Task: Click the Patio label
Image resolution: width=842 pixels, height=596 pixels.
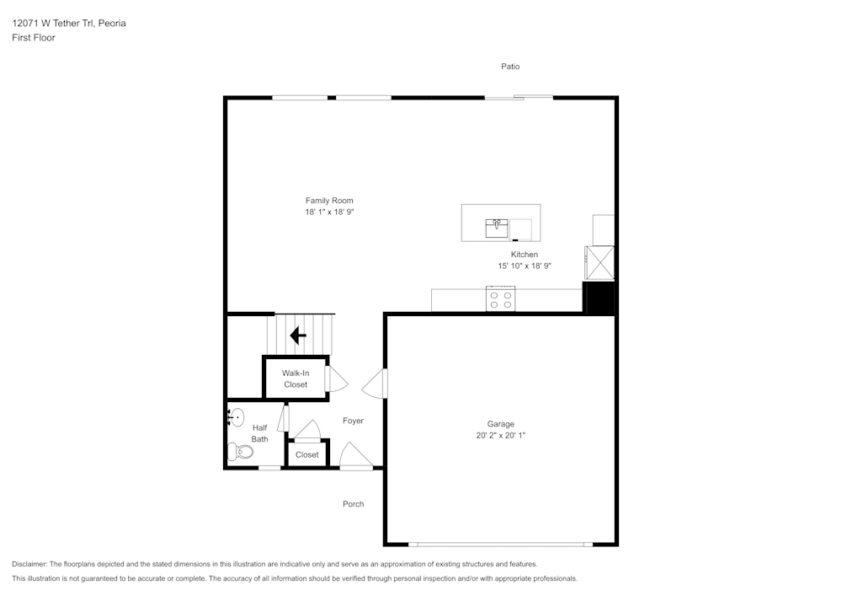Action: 510,66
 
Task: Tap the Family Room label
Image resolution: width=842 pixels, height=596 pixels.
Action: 329,201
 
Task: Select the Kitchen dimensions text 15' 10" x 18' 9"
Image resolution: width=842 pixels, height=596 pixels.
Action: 524,266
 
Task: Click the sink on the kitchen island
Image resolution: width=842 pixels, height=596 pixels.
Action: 497,227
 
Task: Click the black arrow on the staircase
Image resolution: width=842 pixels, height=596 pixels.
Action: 298,336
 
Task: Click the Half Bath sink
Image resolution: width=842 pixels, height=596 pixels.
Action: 236,416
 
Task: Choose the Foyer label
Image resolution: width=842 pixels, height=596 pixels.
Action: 353,421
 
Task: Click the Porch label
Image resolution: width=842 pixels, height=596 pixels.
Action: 353,504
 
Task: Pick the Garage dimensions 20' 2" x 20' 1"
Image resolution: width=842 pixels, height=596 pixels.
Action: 500,436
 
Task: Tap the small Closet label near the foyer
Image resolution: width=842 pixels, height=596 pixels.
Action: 307,454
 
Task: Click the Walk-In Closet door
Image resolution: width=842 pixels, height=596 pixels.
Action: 335,379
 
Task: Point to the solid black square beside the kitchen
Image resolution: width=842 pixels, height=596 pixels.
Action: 599,298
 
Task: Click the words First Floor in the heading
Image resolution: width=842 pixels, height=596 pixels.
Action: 34,38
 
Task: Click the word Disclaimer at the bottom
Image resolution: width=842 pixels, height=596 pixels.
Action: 29,564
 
